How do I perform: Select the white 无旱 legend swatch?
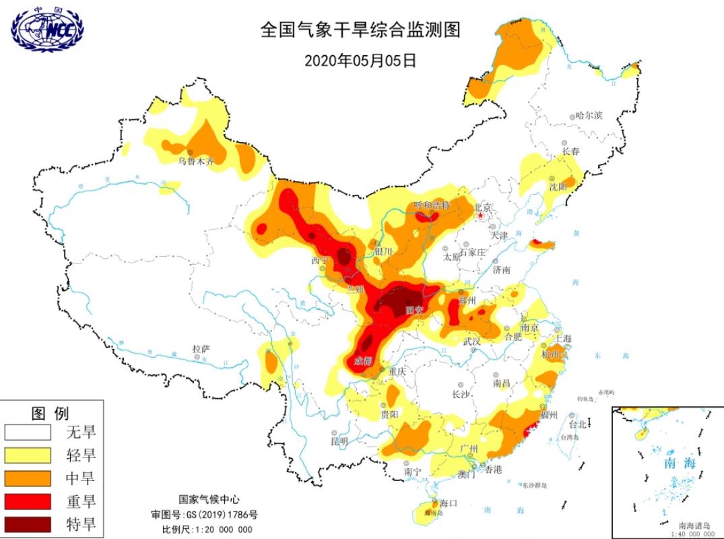[x=28, y=432]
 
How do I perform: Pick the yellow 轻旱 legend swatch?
[x=28, y=455]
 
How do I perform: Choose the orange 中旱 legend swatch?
[x=28, y=478]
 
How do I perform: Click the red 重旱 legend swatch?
[x=28, y=501]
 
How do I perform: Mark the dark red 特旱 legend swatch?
[x=28, y=524]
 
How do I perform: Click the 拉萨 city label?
[x=201, y=349]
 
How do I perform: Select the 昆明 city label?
[x=339, y=441]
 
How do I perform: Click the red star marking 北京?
[x=480, y=216]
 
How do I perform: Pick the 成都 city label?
[x=362, y=361]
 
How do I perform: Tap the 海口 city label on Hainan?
[x=449, y=503]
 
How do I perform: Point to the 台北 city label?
[x=577, y=424]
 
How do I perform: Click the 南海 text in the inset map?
[x=678, y=464]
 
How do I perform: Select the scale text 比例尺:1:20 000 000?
[x=207, y=529]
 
